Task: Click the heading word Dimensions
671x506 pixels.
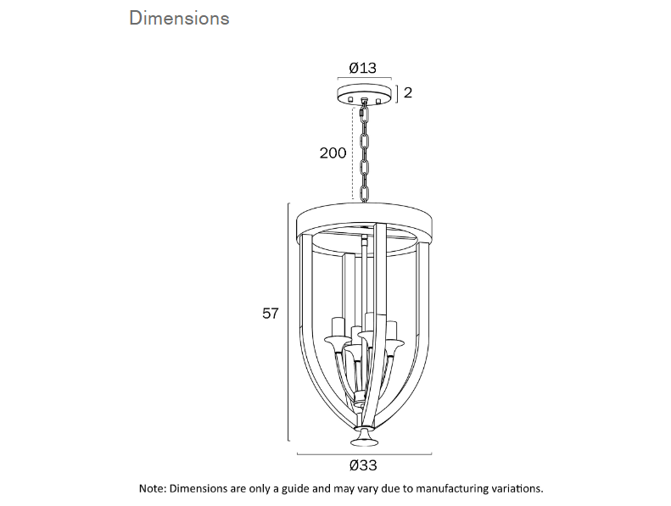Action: point(179,18)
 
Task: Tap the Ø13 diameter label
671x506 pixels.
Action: point(362,68)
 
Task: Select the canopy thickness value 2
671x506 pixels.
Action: point(408,92)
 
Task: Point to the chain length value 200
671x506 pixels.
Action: point(333,153)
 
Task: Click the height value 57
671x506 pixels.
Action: point(270,314)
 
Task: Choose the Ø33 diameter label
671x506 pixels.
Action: point(362,465)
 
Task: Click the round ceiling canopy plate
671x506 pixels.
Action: point(366,93)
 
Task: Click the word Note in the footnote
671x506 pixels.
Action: point(152,489)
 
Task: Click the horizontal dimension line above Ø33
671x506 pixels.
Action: point(365,453)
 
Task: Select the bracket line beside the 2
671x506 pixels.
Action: point(395,92)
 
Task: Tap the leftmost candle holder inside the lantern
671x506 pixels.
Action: point(337,331)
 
